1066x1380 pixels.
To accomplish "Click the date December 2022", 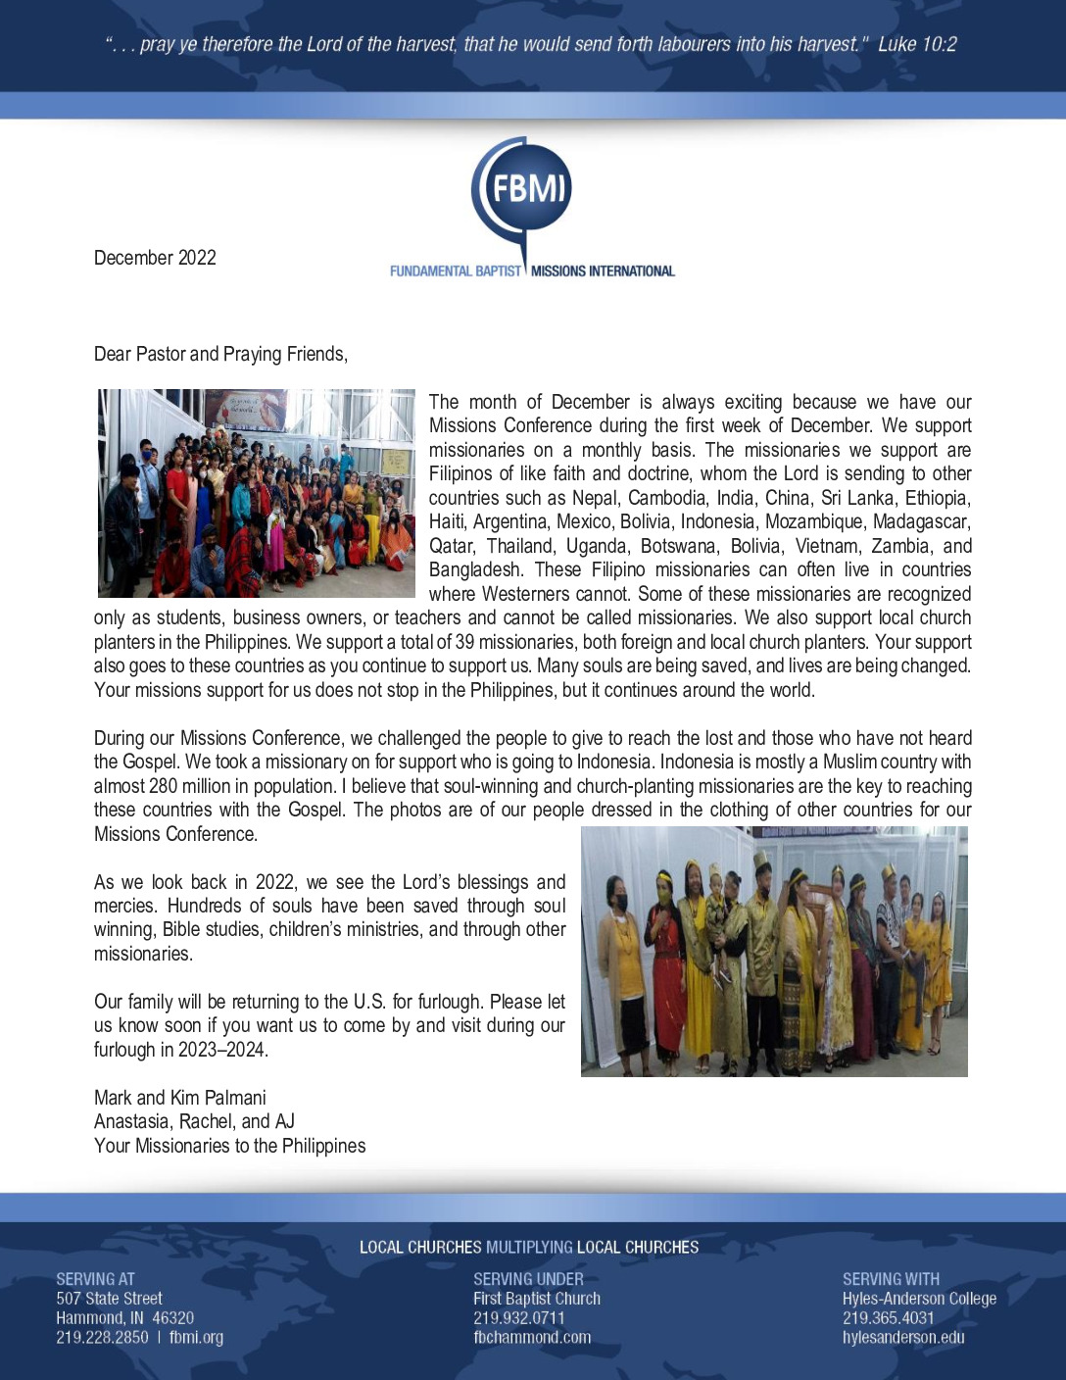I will click(x=155, y=258).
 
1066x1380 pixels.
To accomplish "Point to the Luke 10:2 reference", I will click(x=917, y=44).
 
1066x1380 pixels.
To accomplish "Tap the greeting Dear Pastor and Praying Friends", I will click(x=220, y=354).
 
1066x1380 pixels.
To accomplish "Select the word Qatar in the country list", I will click(x=452, y=546).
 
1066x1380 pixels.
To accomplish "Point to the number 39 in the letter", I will click(x=464, y=642).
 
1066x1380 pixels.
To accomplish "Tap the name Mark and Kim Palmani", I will click(x=180, y=1098).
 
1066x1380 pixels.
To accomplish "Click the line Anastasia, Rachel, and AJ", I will click(x=194, y=1121).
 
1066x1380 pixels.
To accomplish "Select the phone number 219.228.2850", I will click(x=102, y=1337).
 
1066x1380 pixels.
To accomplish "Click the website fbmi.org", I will click(x=196, y=1337).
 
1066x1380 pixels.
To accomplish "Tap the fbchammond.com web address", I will click(x=532, y=1337).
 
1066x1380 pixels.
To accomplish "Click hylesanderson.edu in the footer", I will click(x=903, y=1337).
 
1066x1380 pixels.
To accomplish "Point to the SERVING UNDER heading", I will click(x=528, y=1279).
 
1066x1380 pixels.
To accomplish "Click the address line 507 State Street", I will click(x=109, y=1299).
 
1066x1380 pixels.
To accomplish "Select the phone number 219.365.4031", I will click(x=889, y=1318).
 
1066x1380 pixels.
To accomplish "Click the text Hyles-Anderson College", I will click(x=919, y=1299).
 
